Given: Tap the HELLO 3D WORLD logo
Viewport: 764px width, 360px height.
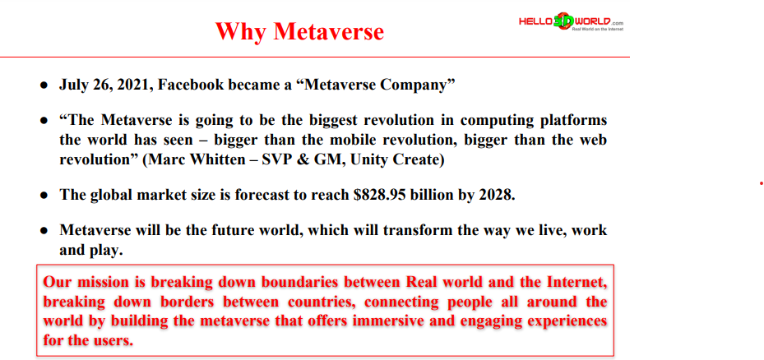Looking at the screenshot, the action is [x=571, y=22].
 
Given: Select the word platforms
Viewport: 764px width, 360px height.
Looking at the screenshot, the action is [x=570, y=120].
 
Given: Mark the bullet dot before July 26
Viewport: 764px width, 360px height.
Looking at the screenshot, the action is [x=44, y=85].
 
